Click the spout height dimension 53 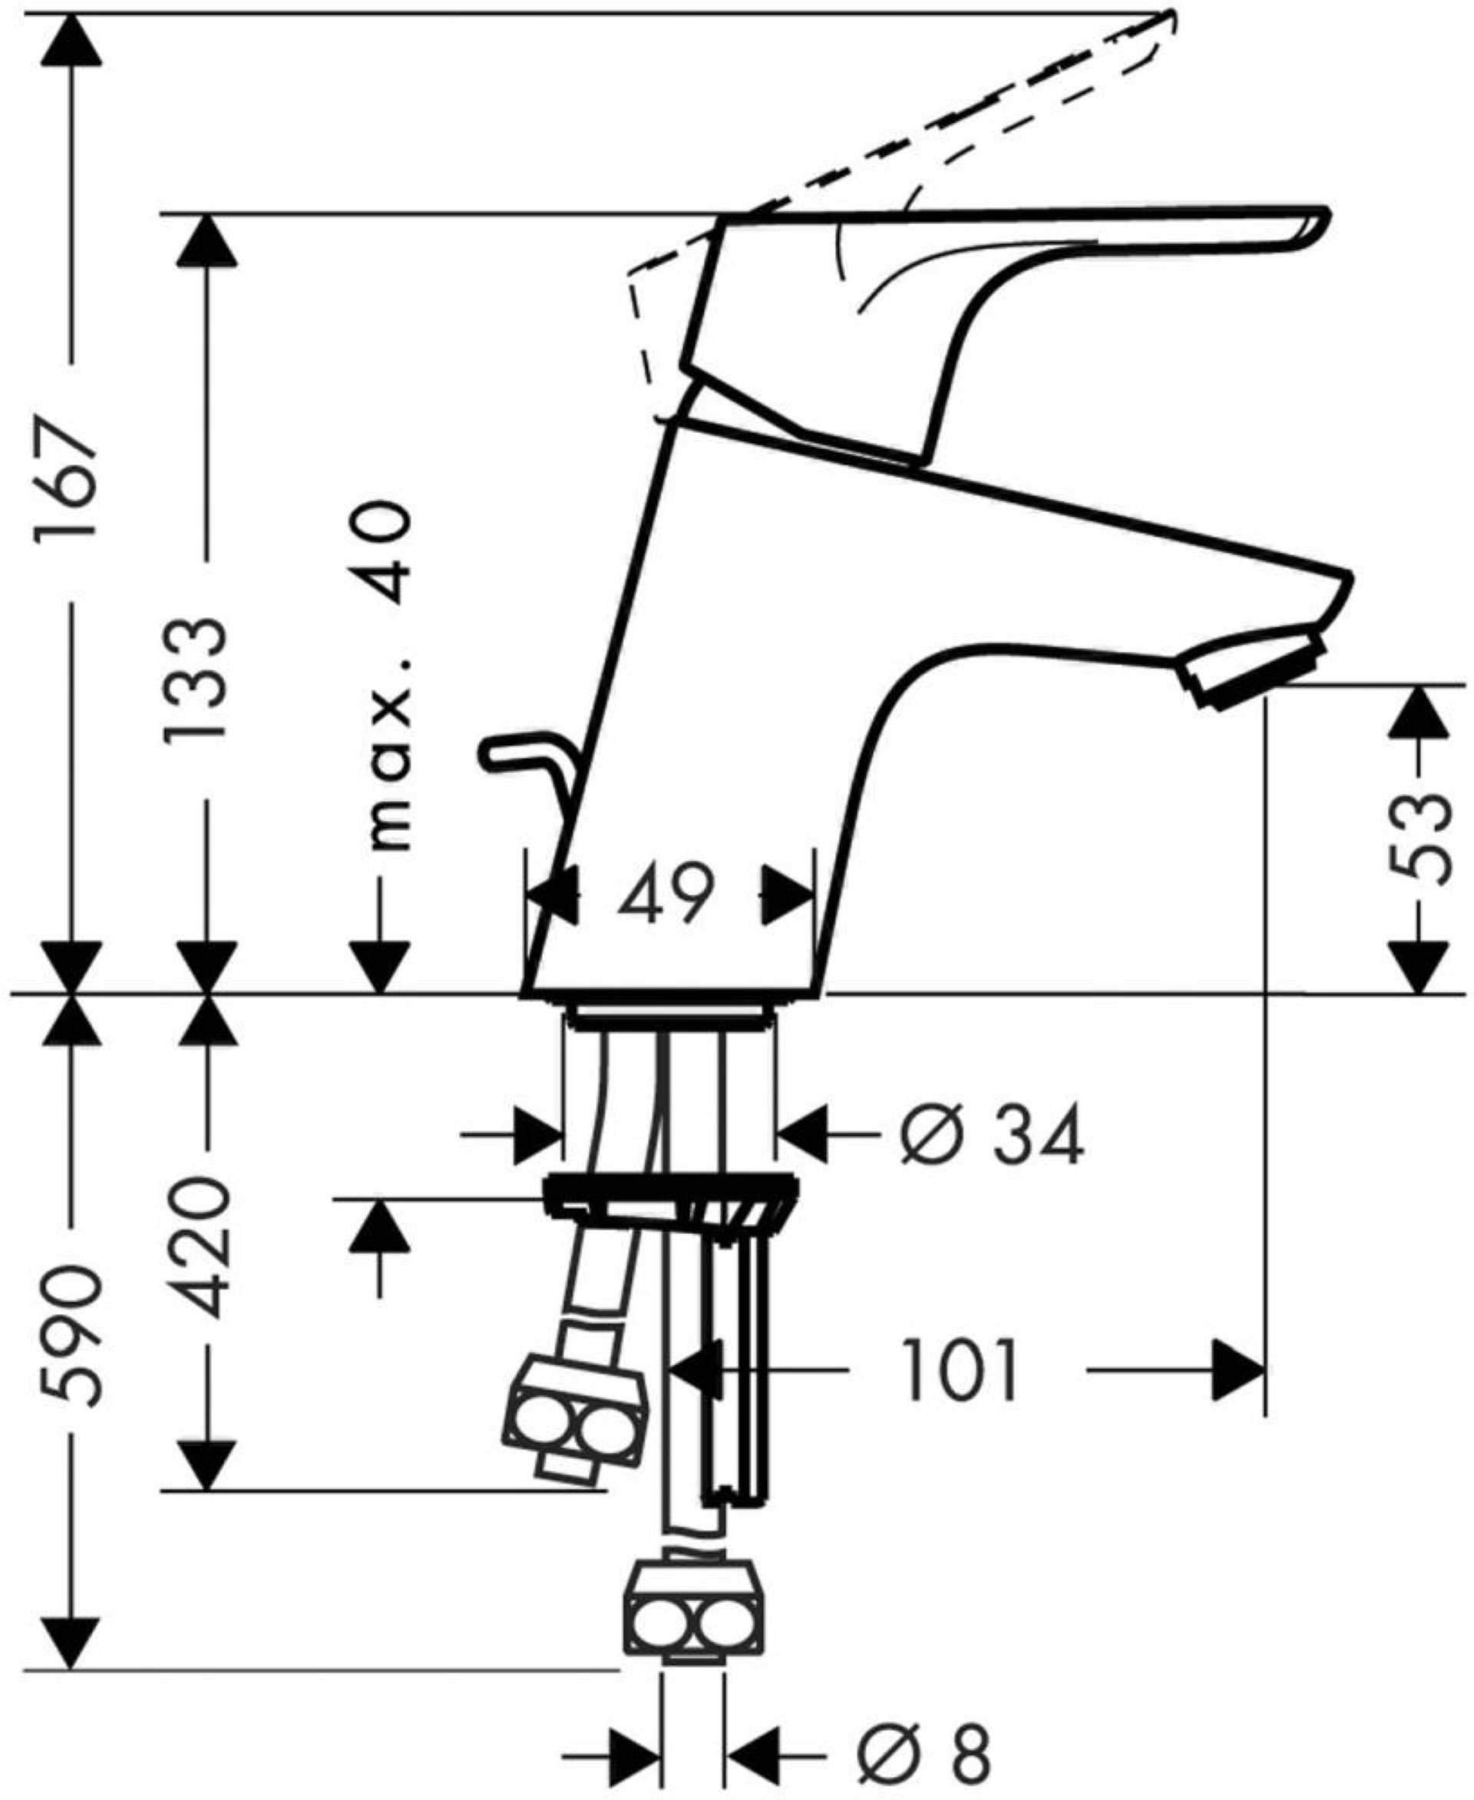pos(1416,839)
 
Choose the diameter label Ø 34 pos(991,1133)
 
